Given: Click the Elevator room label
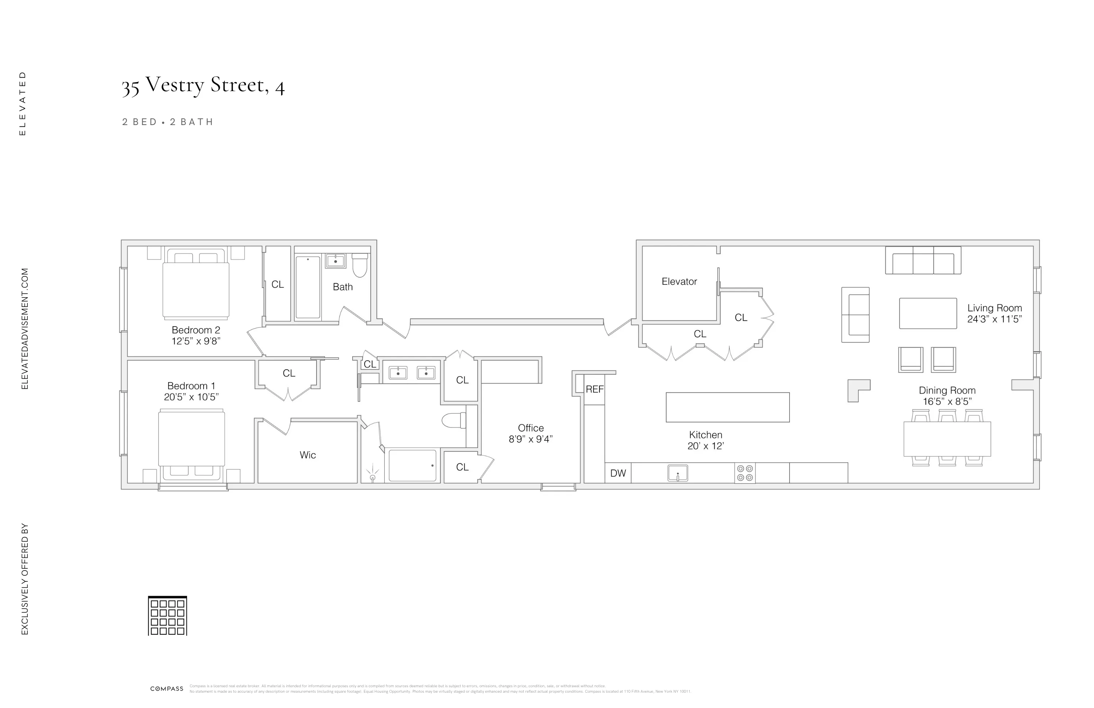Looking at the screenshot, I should point(679,282).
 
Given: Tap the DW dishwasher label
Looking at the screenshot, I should point(618,474).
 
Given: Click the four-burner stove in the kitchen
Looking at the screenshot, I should point(745,473).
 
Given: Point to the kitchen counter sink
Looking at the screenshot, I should point(678,473).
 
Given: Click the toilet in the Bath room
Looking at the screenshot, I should point(360,265).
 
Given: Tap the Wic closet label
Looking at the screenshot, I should point(307,455).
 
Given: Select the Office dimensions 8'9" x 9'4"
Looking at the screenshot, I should point(531,439).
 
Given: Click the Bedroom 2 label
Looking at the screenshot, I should point(196,330).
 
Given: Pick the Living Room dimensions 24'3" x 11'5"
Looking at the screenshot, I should point(994,319).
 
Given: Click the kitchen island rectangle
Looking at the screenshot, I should point(728,407).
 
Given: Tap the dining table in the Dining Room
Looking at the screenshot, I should point(947,439).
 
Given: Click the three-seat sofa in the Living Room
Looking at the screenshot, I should point(923,261).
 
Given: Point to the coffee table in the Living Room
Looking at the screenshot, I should point(928,313).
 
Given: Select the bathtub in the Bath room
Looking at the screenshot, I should point(307,288).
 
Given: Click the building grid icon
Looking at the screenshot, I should point(167,616).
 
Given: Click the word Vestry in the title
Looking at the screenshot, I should point(175,85).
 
